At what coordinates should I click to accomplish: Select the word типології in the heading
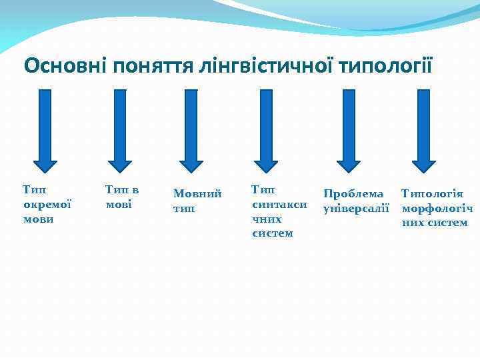(387, 66)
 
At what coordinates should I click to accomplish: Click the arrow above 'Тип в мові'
(120, 131)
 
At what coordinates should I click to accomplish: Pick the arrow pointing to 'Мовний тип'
(191, 131)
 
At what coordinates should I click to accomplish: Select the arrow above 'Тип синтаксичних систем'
(266, 131)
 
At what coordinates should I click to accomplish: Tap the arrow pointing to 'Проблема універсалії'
(348, 131)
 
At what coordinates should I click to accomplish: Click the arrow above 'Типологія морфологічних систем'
(423, 131)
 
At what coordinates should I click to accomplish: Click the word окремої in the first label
(47, 205)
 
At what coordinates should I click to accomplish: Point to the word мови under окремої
(38, 219)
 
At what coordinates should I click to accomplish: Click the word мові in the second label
(119, 205)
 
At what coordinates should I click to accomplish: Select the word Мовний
(197, 194)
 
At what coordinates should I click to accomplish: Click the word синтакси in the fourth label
(279, 205)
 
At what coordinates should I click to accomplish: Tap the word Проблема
(353, 194)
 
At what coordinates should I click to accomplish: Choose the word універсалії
(355, 208)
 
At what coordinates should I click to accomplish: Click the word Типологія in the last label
(433, 194)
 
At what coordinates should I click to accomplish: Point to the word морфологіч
(437, 208)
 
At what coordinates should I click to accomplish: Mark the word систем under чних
(272, 233)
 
